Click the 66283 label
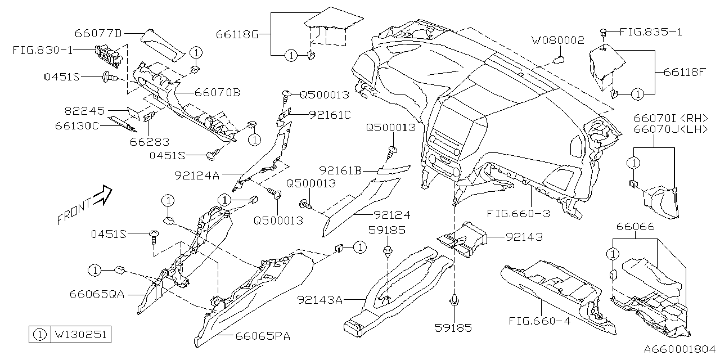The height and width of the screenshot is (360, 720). [150, 142]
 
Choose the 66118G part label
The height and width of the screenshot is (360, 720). [236, 34]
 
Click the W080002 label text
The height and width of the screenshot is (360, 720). [559, 40]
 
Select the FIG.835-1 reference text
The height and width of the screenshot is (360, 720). [650, 32]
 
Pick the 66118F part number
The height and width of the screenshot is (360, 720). [684, 72]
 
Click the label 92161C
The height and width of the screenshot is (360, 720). [330, 115]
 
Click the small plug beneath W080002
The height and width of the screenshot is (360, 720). [559, 59]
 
